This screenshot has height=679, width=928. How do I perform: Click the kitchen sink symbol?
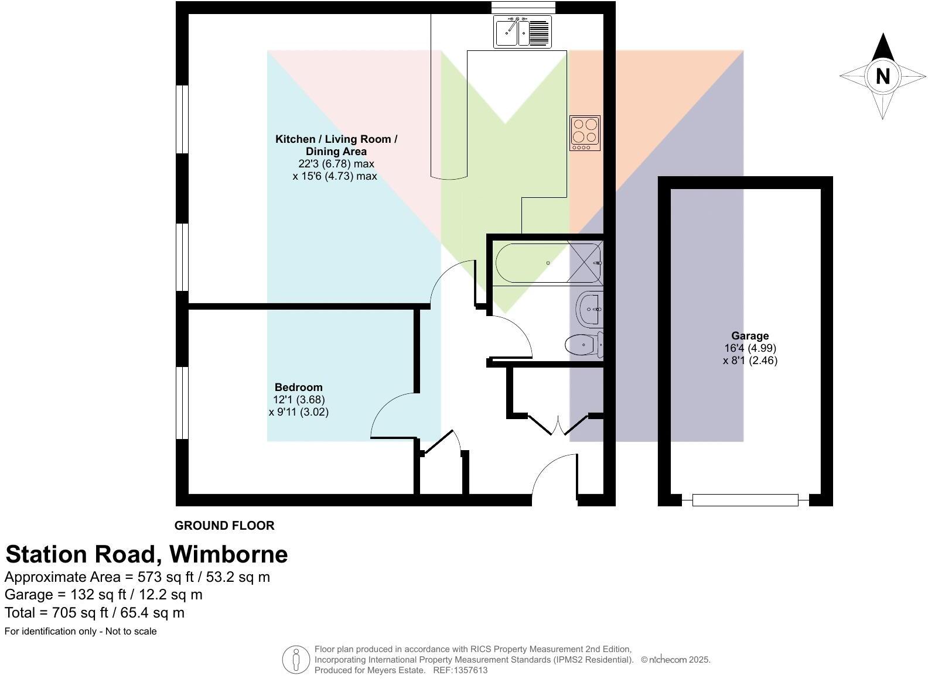[523, 32]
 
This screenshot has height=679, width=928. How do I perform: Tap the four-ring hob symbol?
[585, 132]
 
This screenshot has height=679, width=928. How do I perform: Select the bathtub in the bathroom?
[530, 263]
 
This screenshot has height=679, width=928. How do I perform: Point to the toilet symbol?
[583, 344]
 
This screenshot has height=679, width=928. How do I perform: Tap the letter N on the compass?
[882, 76]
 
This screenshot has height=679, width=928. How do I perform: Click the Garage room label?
[749, 335]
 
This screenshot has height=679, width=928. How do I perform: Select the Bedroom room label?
[298, 387]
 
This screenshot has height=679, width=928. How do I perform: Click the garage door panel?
[745, 499]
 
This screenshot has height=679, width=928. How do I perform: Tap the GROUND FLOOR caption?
[224, 525]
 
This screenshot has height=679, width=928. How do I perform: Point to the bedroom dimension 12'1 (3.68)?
[298, 399]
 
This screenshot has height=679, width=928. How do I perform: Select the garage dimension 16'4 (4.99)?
[749, 348]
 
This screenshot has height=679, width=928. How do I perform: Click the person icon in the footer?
[296, 660]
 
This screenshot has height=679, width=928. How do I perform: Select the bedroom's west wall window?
[182, 403]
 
